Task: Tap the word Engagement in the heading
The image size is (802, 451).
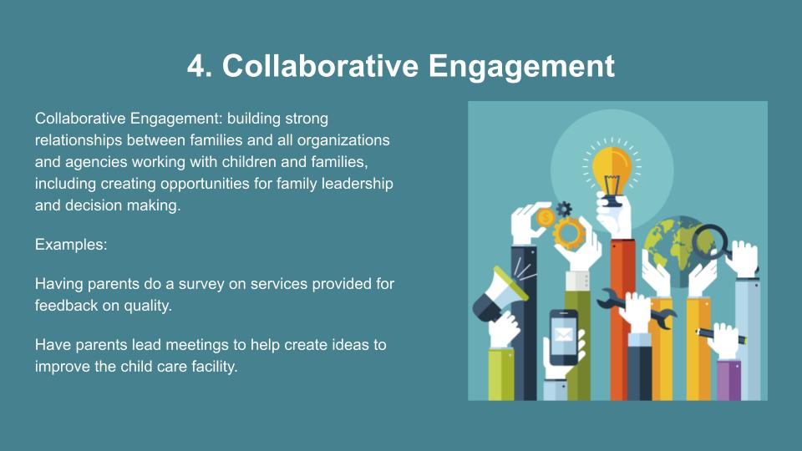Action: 521,67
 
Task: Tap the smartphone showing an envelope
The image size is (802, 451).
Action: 563,337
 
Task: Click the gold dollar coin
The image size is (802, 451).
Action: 546,218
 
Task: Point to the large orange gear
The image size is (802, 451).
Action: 568,234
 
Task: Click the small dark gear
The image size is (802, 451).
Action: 564,209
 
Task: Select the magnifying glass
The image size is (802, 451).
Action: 713,242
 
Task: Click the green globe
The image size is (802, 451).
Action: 674,251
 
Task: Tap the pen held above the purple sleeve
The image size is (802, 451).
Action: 720,336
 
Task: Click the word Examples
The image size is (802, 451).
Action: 71,245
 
